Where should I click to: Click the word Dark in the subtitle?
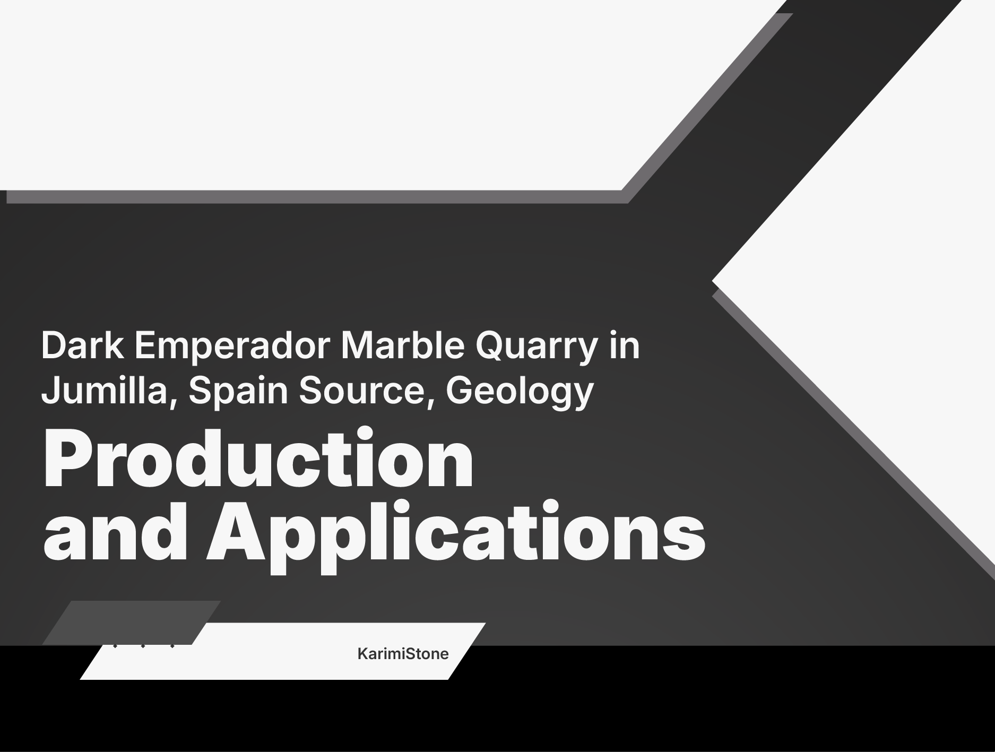point(83,345)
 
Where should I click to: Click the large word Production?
point(258,458)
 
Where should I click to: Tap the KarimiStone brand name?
point(403,653)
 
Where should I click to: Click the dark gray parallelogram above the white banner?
point(131,623)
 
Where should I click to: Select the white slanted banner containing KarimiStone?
point(282,651)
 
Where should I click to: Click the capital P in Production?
point(68,458)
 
